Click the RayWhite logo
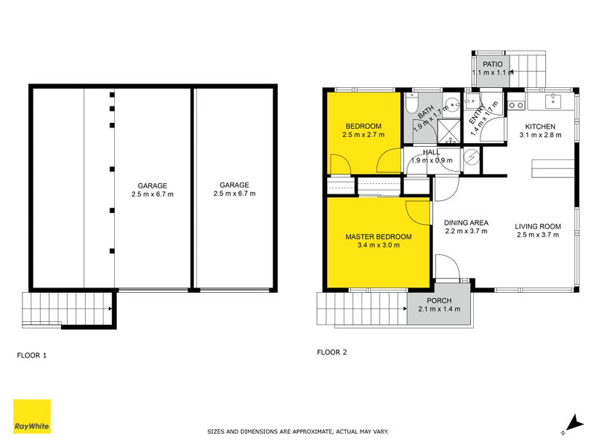click(32, 416)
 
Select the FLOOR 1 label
click(32, 355)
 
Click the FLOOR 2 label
click(332, 352)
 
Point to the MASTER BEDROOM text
click(378, 237)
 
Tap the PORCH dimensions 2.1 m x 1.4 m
click(440, 309)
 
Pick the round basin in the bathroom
click(453, 105)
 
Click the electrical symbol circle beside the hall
click(472, 156)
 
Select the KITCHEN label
click(540, 126)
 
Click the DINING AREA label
click(466, 222)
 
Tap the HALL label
click(431, 152)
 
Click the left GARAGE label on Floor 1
click(152, 186)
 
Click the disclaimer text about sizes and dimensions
click(298, 431)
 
